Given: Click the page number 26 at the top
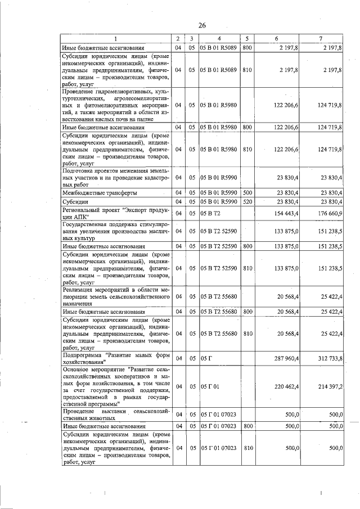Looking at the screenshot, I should tap(202, 25).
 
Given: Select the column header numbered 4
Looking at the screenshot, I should tap(220, 39).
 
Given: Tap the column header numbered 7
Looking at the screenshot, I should tap(320, 39).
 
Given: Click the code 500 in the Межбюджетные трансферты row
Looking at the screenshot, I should tap(247, 193).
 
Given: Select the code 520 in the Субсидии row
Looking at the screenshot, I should tap(247, 201).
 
